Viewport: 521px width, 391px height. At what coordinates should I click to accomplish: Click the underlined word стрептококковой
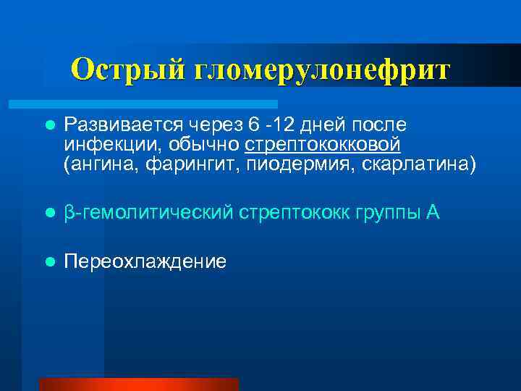322,144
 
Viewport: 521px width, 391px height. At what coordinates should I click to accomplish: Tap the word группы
379,213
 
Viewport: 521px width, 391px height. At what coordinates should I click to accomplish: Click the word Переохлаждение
145,261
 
